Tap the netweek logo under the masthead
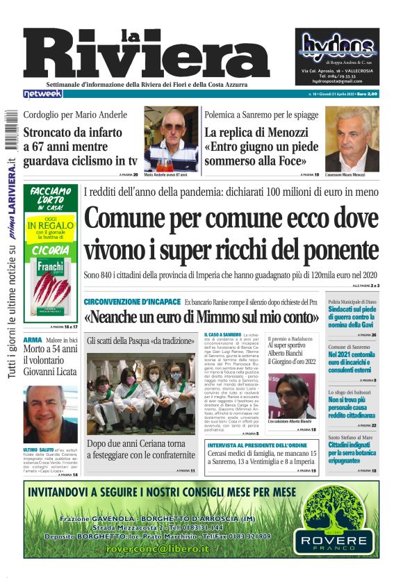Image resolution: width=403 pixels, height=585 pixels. click(x=43, y=93)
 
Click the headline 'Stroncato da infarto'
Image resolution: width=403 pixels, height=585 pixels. click(x=72, y=132)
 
